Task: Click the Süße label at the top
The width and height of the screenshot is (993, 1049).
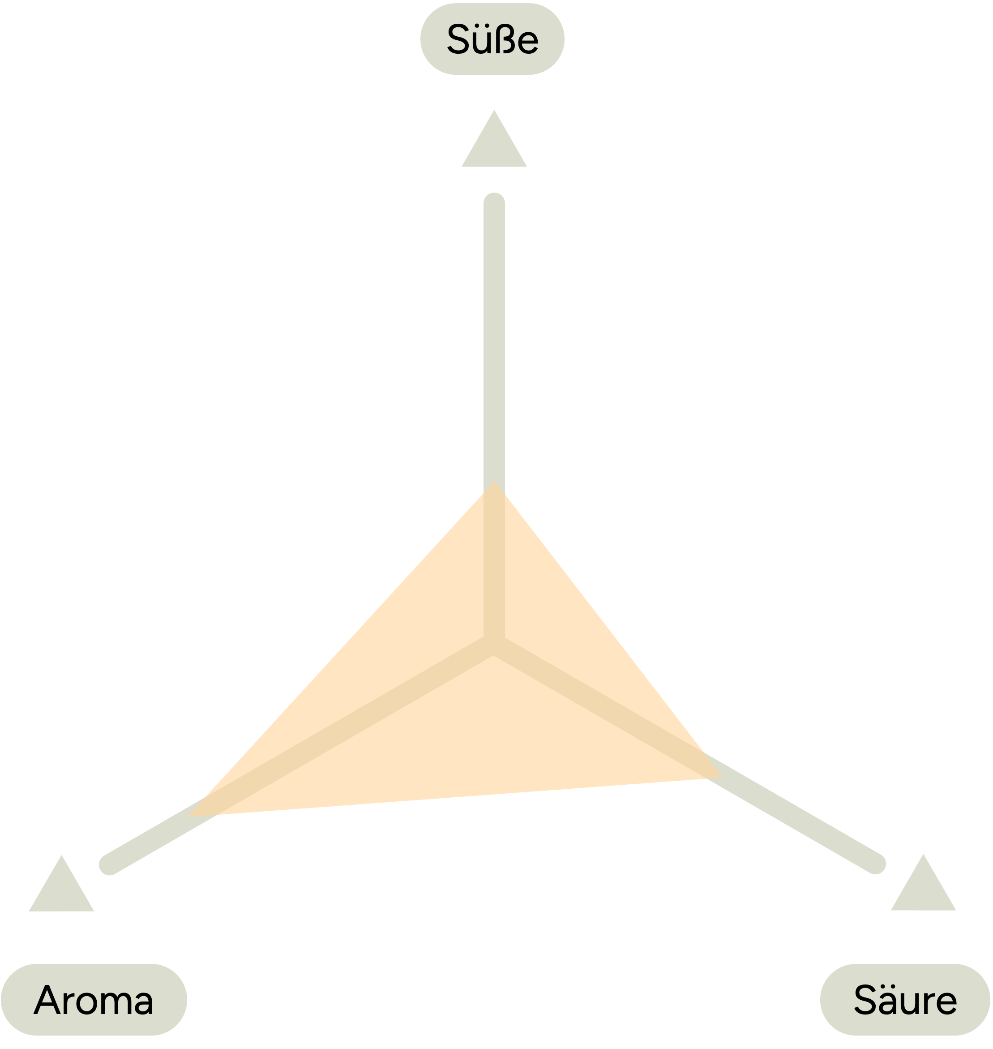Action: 492,39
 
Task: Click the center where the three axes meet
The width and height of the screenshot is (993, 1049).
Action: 494,645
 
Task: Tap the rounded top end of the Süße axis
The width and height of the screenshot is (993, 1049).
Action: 494,203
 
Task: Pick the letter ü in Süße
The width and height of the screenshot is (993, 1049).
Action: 481,40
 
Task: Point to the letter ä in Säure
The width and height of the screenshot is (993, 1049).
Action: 890,1000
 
